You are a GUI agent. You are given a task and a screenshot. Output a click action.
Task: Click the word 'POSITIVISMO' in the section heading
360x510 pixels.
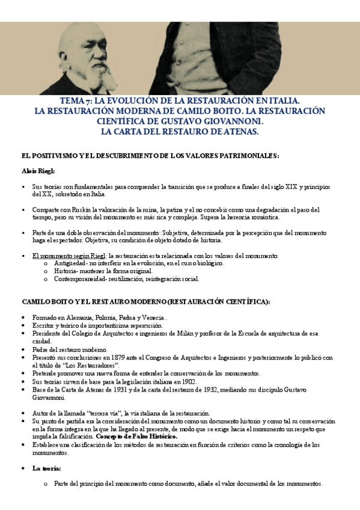[x=58, y=156]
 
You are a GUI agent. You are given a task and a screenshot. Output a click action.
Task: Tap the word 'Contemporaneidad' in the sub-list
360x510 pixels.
[x=81, y=278]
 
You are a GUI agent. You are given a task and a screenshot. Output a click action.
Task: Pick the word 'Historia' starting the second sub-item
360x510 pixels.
[x=66, y=271]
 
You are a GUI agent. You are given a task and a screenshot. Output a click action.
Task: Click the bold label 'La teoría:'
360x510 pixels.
[x=47, y=467]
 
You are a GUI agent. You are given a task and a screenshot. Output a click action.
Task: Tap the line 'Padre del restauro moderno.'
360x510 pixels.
[x=69, y=349]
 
